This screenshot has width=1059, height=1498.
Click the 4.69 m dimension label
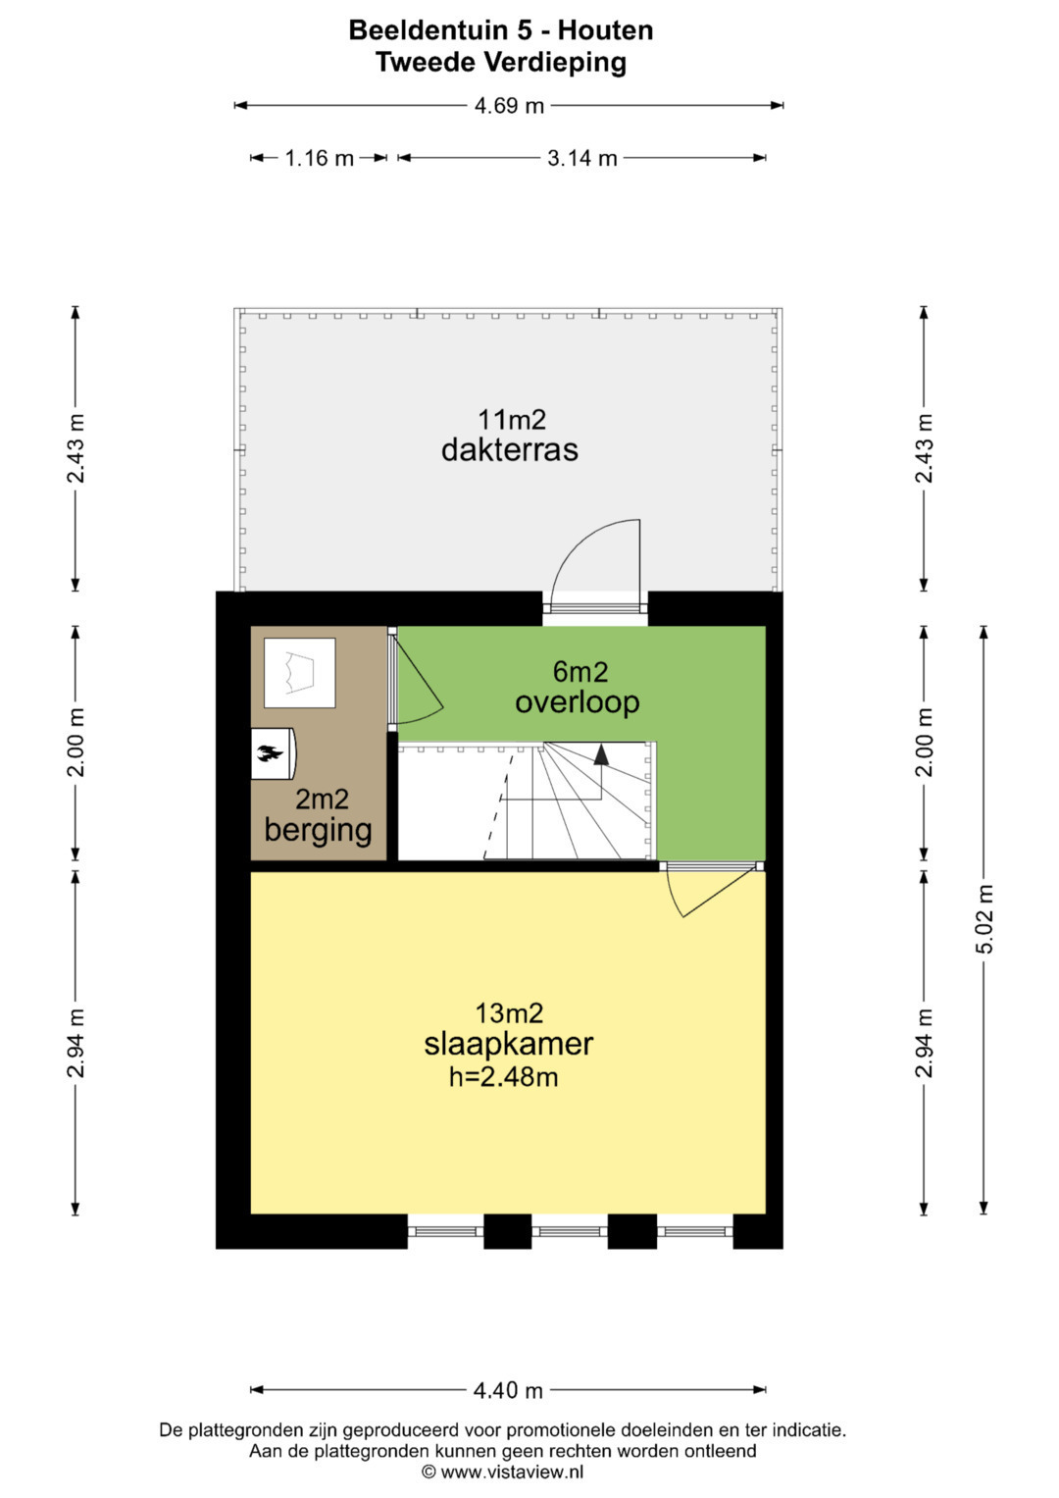(x=509, y=106)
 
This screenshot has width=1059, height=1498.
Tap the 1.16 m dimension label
(x=319, y=159)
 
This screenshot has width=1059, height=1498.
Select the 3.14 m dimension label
(x=581, y=159)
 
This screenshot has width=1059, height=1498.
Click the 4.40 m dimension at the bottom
(x=508, y=1390)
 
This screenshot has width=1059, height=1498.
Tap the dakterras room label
(x=510, y=449)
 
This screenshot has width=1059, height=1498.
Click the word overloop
(x=577, y=702)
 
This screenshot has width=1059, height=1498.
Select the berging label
(x=319, y=831)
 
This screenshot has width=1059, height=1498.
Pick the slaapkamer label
(x=509, y=1044)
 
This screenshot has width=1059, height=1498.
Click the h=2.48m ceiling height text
(x=503, y=1077)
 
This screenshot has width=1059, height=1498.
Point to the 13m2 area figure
(x=509, y=1013)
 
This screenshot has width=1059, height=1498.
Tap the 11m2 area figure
(x=512, y=419)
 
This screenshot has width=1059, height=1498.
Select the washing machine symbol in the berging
(x=299, y=673)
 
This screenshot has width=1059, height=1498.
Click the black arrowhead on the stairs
(x=602, y=754)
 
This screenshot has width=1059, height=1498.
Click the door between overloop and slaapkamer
(x=713, y=891)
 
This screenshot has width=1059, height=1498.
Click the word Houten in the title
(x=605, y=30)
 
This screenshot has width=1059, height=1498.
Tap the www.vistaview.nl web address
(x=512, y=1472)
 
